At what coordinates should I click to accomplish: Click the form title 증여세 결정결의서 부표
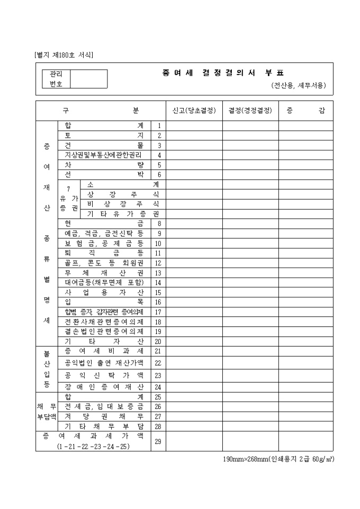pos(223,74)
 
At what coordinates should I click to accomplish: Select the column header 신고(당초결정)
pos(194,111)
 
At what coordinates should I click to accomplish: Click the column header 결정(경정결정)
pos(250,111)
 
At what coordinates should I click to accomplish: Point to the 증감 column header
pos(306,111)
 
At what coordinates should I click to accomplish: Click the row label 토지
pos(104,135)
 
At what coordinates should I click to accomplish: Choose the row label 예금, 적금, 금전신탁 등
pos(104,233)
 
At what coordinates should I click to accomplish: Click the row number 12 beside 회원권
pos(158,262)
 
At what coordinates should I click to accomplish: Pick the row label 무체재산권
pos(104,272)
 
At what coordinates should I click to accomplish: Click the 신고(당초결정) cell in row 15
pos(194,292)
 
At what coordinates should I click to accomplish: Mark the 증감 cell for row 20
pos(306,341)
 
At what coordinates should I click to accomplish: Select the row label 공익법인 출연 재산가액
pos(104,363)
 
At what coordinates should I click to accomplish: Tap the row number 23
pos(158,375)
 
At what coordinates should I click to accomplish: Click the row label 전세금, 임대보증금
pos(104,407)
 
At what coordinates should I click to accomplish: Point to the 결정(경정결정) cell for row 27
pos(250,416)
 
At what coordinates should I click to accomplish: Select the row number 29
pos(158,441)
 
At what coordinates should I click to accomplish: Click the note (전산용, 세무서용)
pos(298,85)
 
